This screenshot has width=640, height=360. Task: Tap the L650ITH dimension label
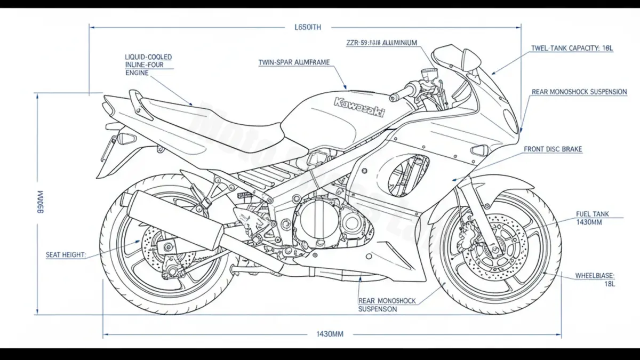308,27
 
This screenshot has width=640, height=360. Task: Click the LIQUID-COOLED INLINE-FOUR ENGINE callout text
148,65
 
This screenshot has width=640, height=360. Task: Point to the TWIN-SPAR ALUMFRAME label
294,62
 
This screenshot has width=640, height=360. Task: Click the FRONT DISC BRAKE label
553,150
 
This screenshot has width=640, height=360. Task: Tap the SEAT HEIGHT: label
66,255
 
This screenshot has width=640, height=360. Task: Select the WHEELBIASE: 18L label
595,280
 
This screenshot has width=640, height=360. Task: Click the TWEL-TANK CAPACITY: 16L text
572,48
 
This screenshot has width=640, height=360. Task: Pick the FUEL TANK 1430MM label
592,218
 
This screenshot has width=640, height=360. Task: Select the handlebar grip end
395,97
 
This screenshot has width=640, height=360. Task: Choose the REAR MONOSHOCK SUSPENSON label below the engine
386,305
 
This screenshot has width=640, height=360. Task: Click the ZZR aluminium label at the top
381,43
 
